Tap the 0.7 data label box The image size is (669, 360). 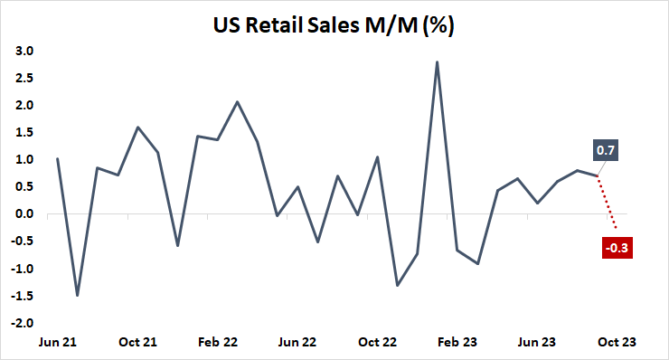tap(606, 149)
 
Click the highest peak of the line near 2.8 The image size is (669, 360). tap(438, 62)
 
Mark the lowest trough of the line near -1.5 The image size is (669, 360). tap(77, 295)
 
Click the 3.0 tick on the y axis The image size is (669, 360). tap(24, 52)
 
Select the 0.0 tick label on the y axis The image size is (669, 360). tap(24, 214)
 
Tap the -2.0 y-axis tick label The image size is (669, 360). tap(23, 323)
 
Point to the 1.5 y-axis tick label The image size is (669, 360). tap(24, 133)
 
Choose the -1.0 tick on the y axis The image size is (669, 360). tap(23, 269)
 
